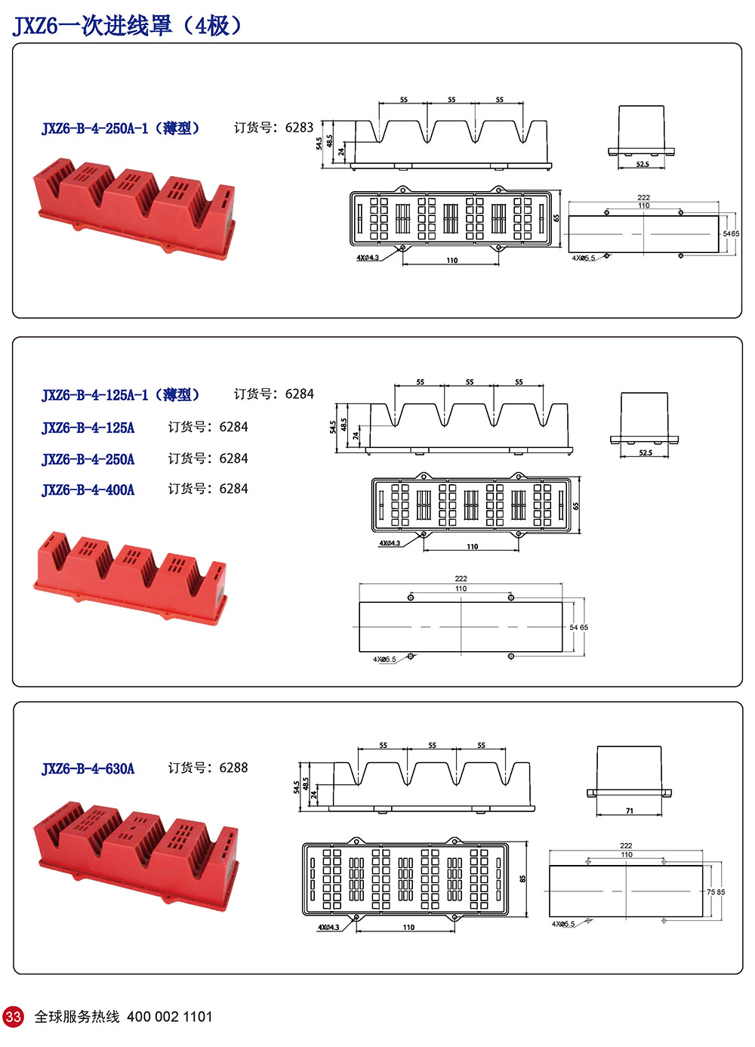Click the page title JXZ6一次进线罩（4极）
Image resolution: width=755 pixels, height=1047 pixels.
pos(127,26)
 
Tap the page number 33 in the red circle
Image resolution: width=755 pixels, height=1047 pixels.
pos(14,1016)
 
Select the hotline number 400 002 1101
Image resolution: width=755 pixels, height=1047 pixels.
pos(170,1017)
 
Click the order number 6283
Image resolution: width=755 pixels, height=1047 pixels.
pos(299,128)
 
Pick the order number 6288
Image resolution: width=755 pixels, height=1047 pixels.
pos(233,767)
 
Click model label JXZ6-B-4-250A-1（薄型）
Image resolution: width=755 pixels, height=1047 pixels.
pos(120,128)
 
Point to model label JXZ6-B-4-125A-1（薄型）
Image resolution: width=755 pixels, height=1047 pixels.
pos(120,394)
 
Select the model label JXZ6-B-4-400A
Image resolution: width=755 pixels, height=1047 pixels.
pos(88,490)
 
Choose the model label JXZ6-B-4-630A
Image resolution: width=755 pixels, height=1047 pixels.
pos(88,769)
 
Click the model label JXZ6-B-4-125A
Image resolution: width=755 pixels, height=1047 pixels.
pos(88,428)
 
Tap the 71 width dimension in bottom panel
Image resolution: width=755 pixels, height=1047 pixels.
pos(630,811)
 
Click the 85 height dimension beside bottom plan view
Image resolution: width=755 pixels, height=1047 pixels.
pos(522,879)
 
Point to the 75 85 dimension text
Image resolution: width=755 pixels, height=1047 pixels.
pos(716,892)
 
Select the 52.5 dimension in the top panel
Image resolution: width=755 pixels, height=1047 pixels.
pos(643,164)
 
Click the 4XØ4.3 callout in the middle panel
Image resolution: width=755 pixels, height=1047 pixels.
pos(390,543)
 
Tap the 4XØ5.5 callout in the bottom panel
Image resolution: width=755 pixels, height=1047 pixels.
pos(563,924)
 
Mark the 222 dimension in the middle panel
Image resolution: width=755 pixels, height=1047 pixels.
pos(461,579)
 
